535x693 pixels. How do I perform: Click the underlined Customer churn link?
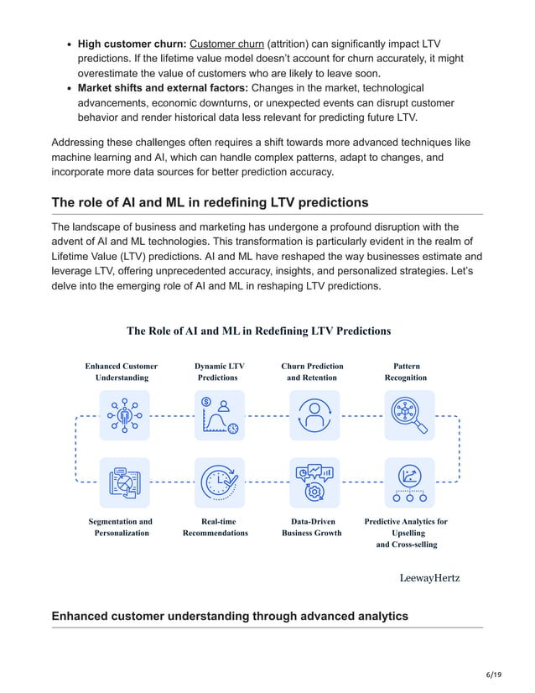point(226,44)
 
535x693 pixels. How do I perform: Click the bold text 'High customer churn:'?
point(132,44)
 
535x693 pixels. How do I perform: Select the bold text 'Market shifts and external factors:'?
point(163,87)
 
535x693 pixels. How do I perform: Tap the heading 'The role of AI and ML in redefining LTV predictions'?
point(210,202)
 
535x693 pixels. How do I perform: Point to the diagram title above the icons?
point(258,331)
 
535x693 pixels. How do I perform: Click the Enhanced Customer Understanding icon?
point(124,415)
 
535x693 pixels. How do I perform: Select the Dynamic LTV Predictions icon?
point(219,415)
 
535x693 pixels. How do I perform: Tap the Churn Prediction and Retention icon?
point(314,415)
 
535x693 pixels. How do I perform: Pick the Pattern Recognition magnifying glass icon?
point(409,415)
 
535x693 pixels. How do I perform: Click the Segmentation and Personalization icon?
point(124,482)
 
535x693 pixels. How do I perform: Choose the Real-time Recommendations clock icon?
point(219,482)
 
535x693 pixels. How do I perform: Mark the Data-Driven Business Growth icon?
point(314,482)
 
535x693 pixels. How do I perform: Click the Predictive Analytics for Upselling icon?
point(409,482)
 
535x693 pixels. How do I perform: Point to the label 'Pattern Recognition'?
point(406,372)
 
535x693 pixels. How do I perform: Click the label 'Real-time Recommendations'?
point(216,527)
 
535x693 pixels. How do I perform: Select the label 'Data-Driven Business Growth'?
point(311,527)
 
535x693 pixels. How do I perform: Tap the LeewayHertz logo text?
point(429,578)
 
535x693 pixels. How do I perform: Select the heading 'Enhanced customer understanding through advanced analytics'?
point(230,616)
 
